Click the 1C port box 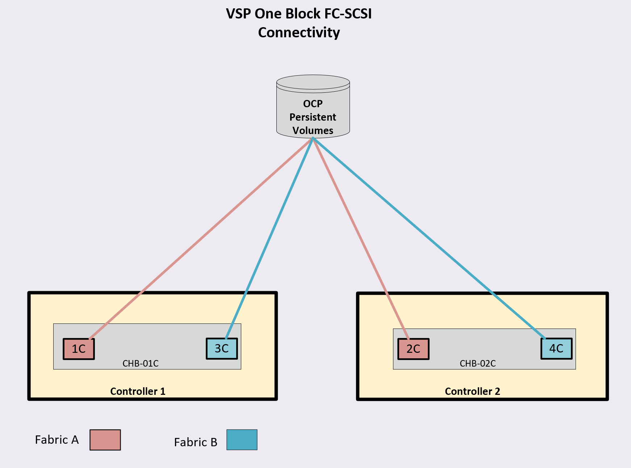79,349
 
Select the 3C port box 222,348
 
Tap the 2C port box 413,349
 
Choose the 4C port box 556,348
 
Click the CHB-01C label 141,363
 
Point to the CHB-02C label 477,363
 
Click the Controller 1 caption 138,391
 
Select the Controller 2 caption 472,391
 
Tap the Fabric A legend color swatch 105,440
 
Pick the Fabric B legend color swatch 242,440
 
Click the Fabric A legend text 57,440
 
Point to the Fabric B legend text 196,442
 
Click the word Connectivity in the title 299,33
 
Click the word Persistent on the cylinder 313,117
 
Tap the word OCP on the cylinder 313,104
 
